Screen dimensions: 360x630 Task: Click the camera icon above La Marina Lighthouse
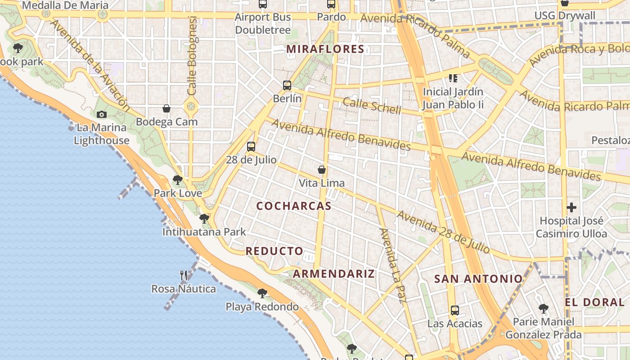point(102,114)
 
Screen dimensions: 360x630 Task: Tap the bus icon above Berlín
point(287,85)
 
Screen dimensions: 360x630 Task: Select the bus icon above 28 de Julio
point(251,146)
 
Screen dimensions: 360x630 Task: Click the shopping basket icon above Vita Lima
point(322,170)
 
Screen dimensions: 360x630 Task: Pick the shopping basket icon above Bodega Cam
point(166,108)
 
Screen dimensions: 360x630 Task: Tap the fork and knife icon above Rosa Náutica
point(184,275)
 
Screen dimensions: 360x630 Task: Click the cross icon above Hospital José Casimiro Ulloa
point(571,207)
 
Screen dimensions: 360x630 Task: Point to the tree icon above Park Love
point(178,180)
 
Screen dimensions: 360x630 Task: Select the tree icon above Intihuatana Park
point(204,219)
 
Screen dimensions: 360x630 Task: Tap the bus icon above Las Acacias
point(455,310)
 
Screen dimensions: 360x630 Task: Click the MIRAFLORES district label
point(325,49)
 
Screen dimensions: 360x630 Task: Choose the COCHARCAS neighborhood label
point(294,206)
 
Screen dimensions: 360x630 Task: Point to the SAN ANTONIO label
point(478,279)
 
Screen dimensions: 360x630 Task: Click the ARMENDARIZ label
point(334,274)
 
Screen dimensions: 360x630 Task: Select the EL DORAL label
point(595,302)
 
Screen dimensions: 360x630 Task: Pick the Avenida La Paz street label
point(390,265)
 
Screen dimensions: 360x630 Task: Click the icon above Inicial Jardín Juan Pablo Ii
point(453,78)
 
